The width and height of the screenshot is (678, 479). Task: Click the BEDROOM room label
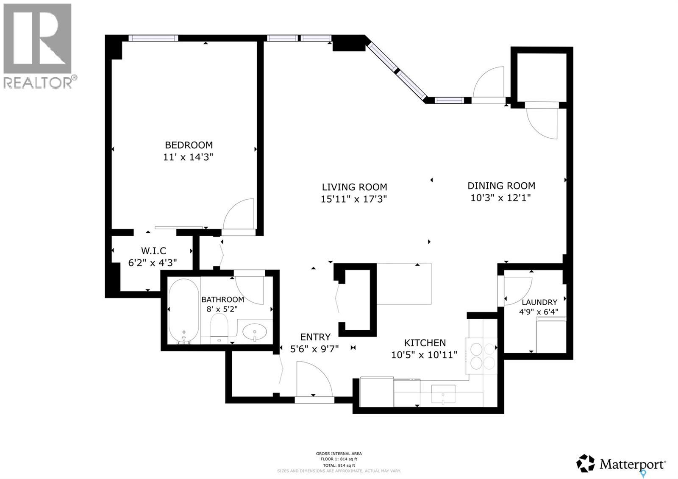coord(189,145)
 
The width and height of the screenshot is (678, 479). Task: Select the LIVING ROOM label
coord(354,187)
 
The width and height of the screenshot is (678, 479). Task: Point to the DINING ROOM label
coord(501,186)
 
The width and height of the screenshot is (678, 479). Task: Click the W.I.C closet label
coord(153,251)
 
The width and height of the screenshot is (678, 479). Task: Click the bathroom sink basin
coord(254,331)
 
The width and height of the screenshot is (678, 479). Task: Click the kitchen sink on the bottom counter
coord(443,394)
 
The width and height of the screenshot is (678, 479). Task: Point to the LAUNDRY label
coord(539,302)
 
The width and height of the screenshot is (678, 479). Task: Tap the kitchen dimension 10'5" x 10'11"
coord(424,355)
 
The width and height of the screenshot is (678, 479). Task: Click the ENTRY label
coord(315,337)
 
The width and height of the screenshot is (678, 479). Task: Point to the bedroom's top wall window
coord(153,38)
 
